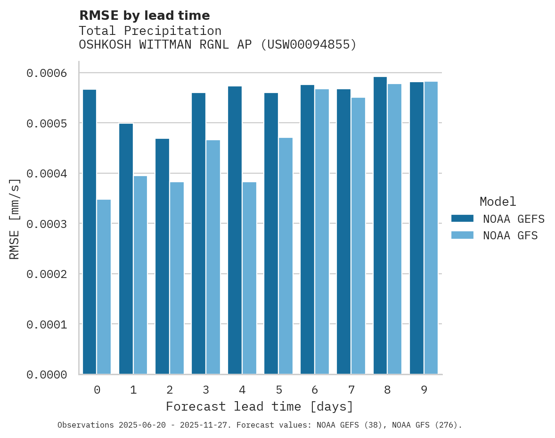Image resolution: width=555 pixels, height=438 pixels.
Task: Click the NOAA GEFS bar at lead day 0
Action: [90, 231]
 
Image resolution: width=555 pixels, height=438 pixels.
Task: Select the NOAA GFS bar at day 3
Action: [213, 257]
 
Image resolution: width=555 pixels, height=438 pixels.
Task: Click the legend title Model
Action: [498, 202]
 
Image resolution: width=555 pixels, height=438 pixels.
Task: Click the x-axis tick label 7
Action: [351, 390]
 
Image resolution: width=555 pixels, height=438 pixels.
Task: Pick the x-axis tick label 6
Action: [315, 390]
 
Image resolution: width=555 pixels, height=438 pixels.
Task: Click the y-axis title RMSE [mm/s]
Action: [15, 219]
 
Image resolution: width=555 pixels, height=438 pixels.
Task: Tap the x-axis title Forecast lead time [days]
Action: [260, 406]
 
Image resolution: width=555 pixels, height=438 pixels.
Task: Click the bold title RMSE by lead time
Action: [144, 16]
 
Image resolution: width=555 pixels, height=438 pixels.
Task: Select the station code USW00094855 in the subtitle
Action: [309, 45]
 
